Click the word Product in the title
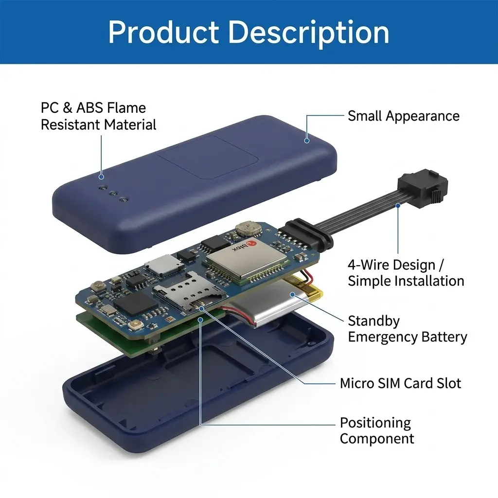[x=163, y=32]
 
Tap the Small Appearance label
[x=403, y=116]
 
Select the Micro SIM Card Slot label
[x=400, y=383]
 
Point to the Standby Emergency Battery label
[x=407, y=329]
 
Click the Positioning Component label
[x=377, y=431]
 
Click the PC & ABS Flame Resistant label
[x=98, y=116]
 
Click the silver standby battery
[x=273, y=302]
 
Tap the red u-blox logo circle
[x=251, y=243]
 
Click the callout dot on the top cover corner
[x=307, y=141]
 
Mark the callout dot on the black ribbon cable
[x=398, y=206]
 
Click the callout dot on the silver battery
[x=292, y=295]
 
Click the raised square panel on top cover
[x=207, y=157]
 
